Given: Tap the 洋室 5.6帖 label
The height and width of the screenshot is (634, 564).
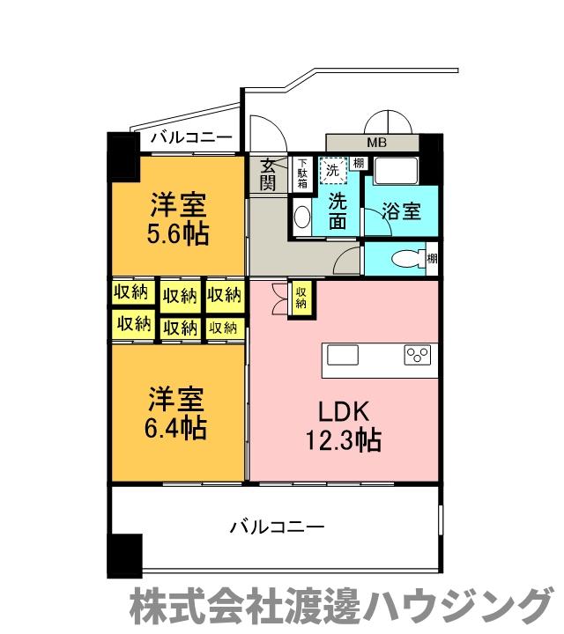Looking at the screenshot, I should coord(177,221).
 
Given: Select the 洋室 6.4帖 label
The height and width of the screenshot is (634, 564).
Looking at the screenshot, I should coord(177,414).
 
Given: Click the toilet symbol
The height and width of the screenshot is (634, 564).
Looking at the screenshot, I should coord(404,259).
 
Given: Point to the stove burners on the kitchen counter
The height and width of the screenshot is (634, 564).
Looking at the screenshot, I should coord(416,355).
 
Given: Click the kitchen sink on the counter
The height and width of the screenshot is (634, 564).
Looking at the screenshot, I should coord(343,355).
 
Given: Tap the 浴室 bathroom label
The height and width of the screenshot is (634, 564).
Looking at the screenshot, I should coord(401,211).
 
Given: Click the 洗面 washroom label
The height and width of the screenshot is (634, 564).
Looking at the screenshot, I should coord(337,210).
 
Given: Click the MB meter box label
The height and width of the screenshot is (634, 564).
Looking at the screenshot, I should coord(375,142).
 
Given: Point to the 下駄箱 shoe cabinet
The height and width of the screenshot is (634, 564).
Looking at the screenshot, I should coord(301,172).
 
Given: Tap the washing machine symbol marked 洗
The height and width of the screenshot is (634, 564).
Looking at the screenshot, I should coord(332,168).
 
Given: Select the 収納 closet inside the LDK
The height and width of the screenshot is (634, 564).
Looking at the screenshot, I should coord(301,297).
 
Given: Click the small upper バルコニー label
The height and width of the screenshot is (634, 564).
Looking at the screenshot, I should coord(189,137).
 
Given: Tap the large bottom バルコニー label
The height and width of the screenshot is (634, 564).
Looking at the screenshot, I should coord(277,527).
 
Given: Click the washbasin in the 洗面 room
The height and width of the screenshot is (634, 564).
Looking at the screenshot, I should coord(301,216).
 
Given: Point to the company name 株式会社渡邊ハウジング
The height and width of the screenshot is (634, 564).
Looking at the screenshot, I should coord(339,608).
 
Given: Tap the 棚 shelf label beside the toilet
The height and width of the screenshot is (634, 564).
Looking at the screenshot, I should coord(431,258).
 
